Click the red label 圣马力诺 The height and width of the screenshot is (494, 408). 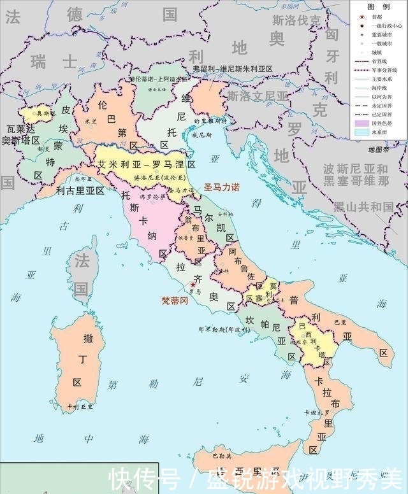tap(221, 187)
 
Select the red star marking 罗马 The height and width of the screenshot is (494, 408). tap(193, 285)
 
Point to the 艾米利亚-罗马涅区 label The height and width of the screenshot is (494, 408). tap(146, 164)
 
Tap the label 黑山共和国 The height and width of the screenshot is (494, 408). tap(364, 206)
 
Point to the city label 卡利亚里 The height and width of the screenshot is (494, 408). tap(82, 406)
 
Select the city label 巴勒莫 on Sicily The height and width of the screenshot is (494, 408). tap(222, 456)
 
